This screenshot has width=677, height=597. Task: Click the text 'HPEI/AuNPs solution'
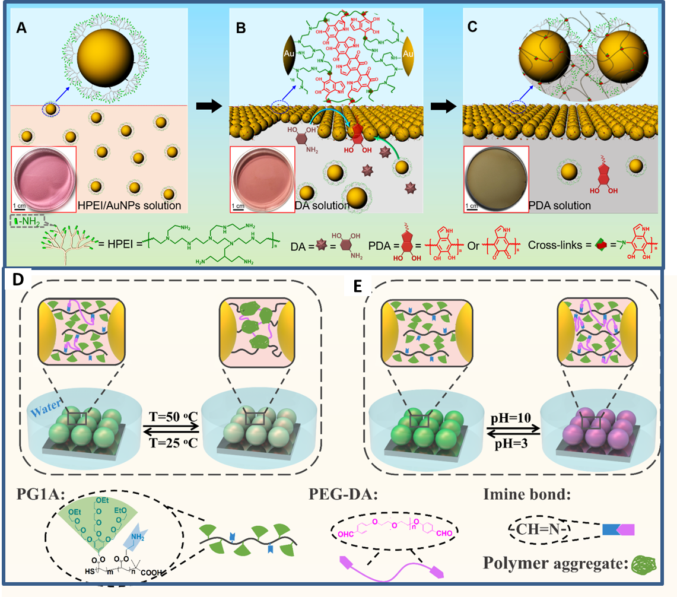pyautogui.click(x=130, y=206)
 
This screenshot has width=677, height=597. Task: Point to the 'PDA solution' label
pyautogui.click(x=560, y=206)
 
